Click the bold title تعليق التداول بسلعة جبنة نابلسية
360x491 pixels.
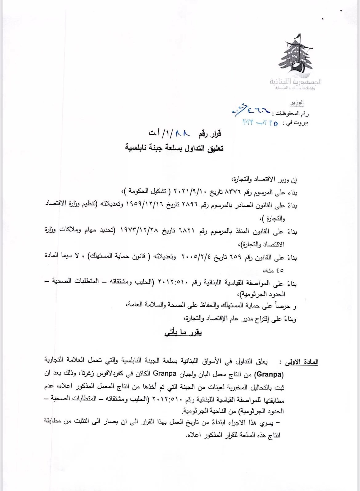coord(174,148)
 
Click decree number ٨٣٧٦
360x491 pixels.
coord(235,193)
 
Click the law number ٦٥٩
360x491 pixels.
coord(237,258)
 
